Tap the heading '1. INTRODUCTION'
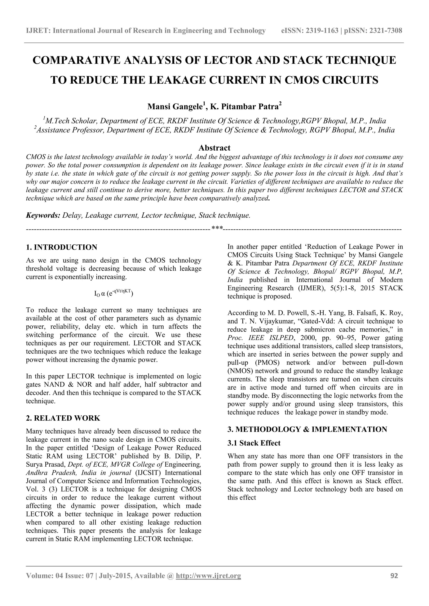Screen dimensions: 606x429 pos(62,247)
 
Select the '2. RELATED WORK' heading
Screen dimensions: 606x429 pos(63,418)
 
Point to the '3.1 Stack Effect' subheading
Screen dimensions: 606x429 pos(254,443)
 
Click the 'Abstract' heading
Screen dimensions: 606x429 pos(214,148)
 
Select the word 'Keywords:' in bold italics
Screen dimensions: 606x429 pos(43,215)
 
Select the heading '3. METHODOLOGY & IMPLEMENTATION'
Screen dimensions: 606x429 pos(307,429)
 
